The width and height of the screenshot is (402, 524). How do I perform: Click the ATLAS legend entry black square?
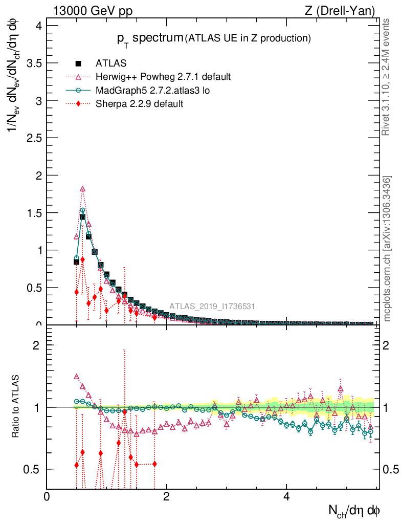(78, 63)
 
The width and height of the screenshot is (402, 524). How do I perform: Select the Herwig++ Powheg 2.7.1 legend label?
(163, 77)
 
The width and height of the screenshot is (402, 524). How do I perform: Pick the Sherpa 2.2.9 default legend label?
(139, 103)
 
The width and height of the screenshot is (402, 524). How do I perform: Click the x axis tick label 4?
(286, 497)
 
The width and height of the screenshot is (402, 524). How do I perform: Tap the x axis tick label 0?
(47, 497)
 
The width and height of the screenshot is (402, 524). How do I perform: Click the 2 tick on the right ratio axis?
(388, 345)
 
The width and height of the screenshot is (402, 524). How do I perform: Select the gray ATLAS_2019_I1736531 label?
(212, 307)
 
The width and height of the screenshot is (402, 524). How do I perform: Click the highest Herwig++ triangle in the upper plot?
(82, 189)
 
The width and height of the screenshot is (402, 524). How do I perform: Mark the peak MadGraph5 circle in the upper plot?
(82, 210)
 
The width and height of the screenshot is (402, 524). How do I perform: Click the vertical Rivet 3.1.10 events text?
(387, 77)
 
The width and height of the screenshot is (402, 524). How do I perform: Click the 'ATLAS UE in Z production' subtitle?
(248, 38)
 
